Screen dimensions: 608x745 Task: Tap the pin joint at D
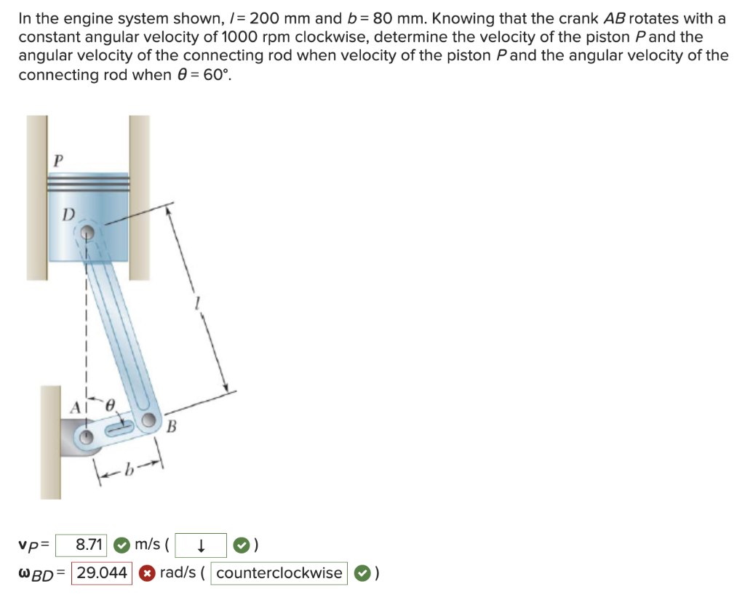[87, 233]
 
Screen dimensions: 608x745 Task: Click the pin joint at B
[151, 421]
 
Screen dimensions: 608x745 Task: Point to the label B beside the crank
[172, 426]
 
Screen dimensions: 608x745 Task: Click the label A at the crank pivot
[75, 409]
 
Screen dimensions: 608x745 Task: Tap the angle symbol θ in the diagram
[111, 404]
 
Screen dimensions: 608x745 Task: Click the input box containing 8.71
[83, 545]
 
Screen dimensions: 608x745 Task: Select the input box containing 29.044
[101, 573]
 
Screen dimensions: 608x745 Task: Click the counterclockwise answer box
[279, 573]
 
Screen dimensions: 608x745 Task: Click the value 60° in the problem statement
[213, 75]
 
